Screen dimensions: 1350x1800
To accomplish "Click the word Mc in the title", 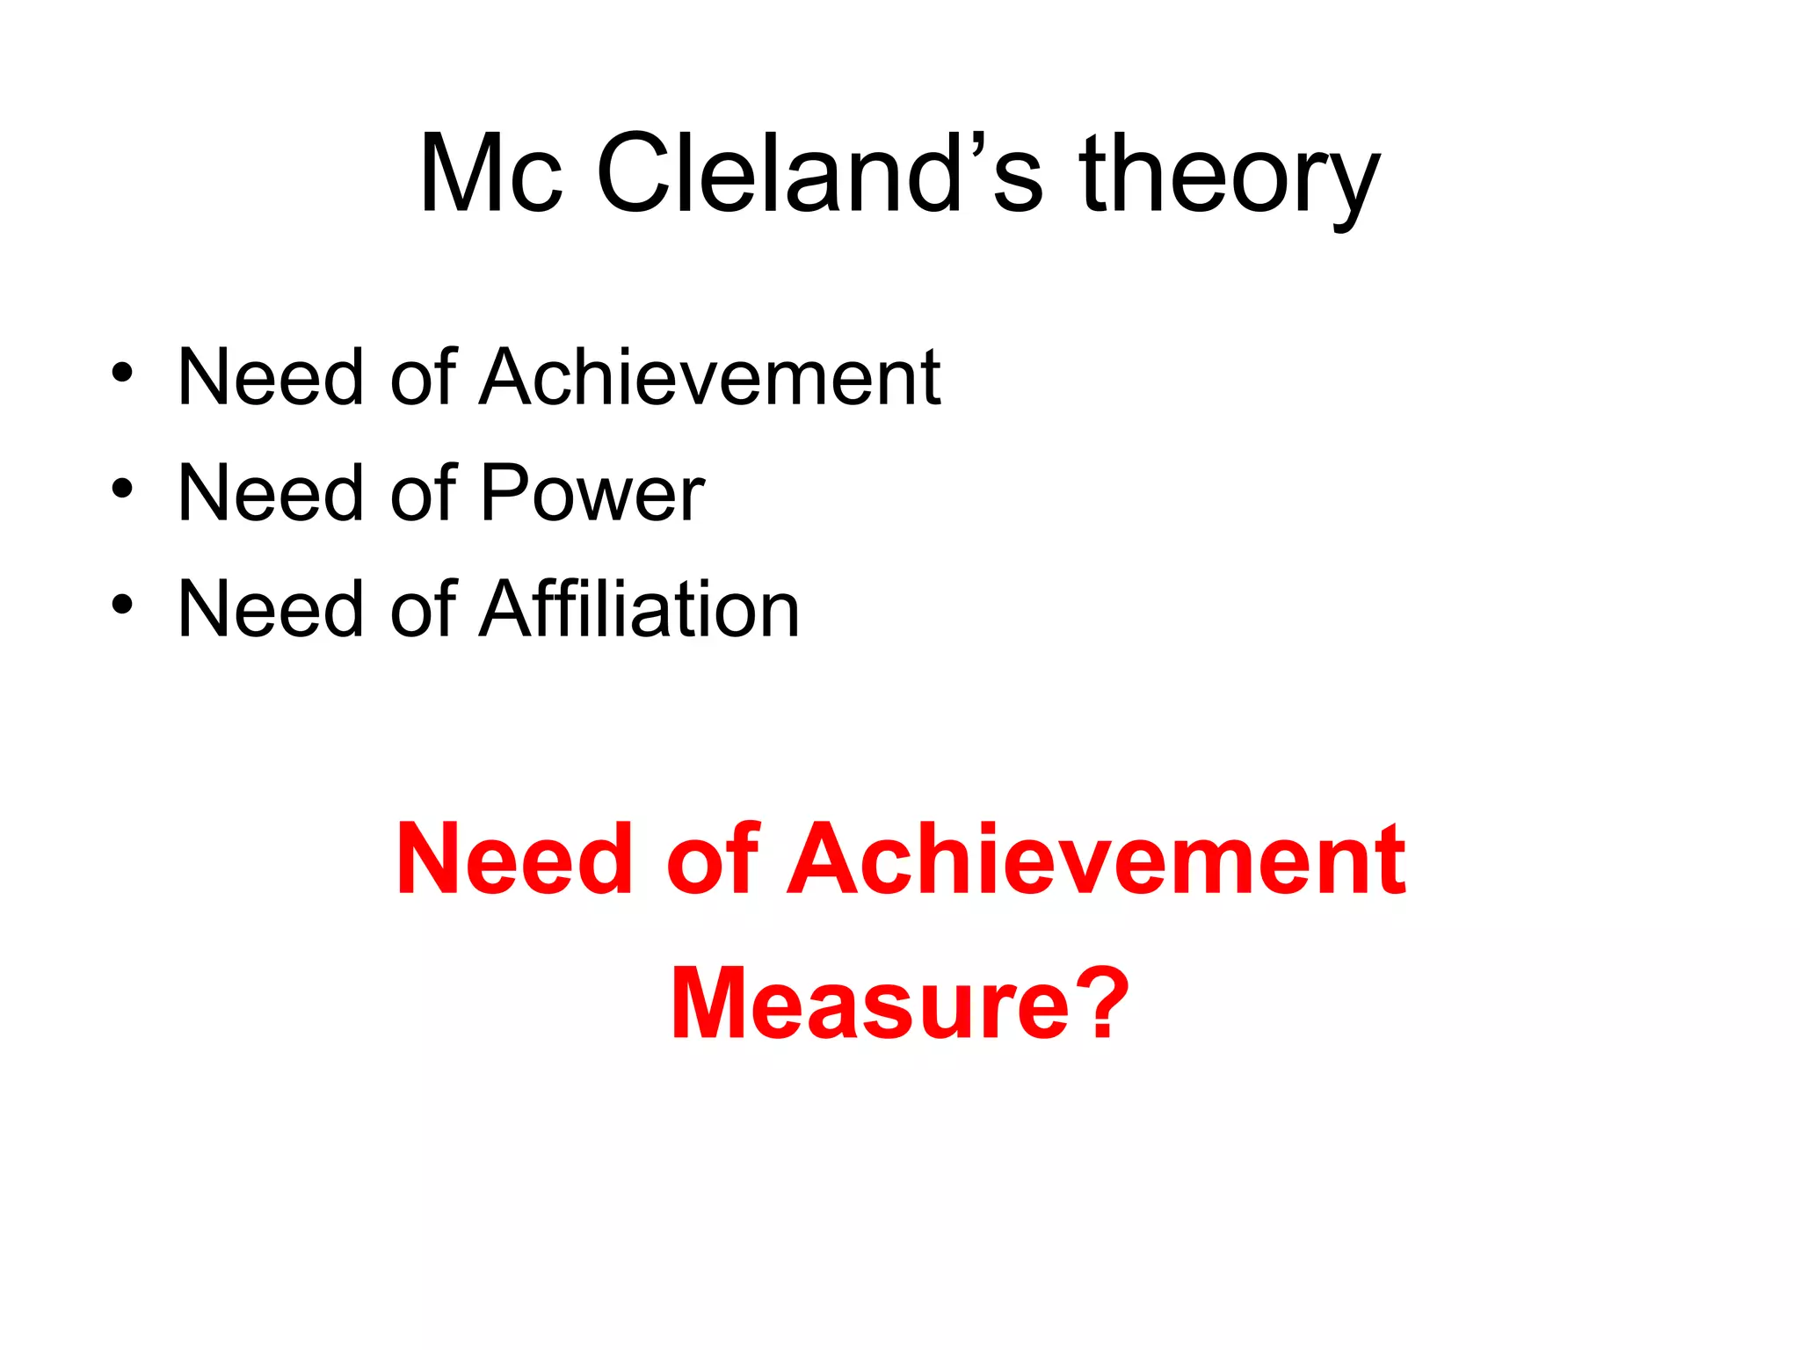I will click(490, 173).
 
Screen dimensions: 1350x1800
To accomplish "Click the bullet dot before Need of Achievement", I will click(122, 372).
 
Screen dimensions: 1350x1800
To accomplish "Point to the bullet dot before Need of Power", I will click(122, 488).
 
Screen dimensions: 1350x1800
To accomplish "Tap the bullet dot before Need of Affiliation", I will click(122, 604).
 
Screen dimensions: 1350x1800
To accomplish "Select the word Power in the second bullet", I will click(592, 493).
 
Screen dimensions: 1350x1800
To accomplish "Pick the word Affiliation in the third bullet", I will click(640, 609).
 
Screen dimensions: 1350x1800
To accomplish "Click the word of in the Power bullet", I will click(423, 493).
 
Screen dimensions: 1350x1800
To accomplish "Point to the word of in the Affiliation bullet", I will click(423, 609).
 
